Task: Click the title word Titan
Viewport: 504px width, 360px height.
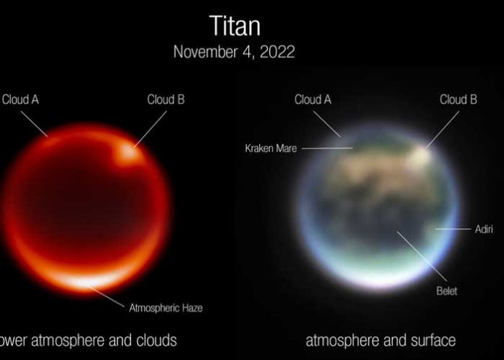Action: pos(235,26)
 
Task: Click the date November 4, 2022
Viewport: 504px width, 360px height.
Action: pos(234,52)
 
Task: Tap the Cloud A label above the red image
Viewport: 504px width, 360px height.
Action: pos(20,99)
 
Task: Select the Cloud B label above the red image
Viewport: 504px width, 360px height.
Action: pos(166,99)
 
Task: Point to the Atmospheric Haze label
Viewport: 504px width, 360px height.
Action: pos(165,308)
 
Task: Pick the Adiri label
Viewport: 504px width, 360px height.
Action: pos(483,229)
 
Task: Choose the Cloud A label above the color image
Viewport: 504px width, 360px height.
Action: pos(313,99)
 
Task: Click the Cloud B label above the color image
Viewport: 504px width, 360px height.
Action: pos(458,99)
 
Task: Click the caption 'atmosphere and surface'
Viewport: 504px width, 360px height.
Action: pos(380,340)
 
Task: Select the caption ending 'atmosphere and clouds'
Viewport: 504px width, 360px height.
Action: pos(87,340)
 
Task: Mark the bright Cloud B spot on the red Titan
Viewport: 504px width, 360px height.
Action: pos(128,153)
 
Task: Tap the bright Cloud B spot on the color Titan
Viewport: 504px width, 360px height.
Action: pos(421,152)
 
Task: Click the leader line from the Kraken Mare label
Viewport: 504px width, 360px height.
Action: pos(326,148)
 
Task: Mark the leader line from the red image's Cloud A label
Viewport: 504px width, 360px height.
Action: pos(36,122)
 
